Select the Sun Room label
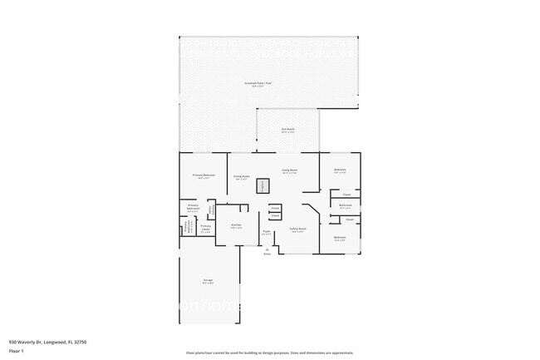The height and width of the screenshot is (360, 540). tap(287, 131)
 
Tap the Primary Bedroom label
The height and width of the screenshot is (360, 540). tap(204, 175)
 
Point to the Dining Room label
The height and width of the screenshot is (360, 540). tap(242, 176)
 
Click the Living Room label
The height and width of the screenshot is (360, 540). tap(288, 170)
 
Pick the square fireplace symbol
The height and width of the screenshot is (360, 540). tap(263, 186)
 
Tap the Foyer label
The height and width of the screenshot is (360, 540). tap(267, 232)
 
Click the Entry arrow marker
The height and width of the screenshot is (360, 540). tap(268, 249)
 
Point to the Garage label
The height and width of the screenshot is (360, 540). tap(208, 280)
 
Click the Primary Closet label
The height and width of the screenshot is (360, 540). tap(205, 228)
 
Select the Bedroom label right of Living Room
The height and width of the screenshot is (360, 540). tap(340, 170)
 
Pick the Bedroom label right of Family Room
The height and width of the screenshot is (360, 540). tap(340, 238)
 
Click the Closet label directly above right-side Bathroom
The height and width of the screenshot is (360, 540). tap(346, 194)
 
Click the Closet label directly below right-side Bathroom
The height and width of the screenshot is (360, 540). tap(350, 219)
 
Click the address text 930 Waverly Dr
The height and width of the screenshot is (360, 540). tap(48, 342)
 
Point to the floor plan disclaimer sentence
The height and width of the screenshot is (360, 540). tap(269, 352)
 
